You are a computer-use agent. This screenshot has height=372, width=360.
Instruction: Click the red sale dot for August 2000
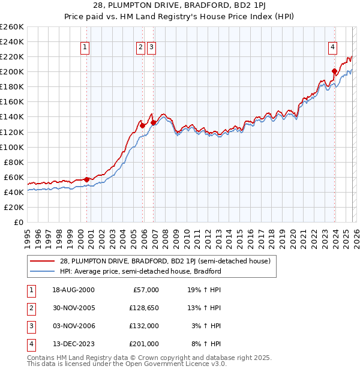click(87, 179)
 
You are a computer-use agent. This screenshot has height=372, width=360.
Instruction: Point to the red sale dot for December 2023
click(334, 71)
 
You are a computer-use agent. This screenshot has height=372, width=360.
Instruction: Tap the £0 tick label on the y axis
click(18, 222)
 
